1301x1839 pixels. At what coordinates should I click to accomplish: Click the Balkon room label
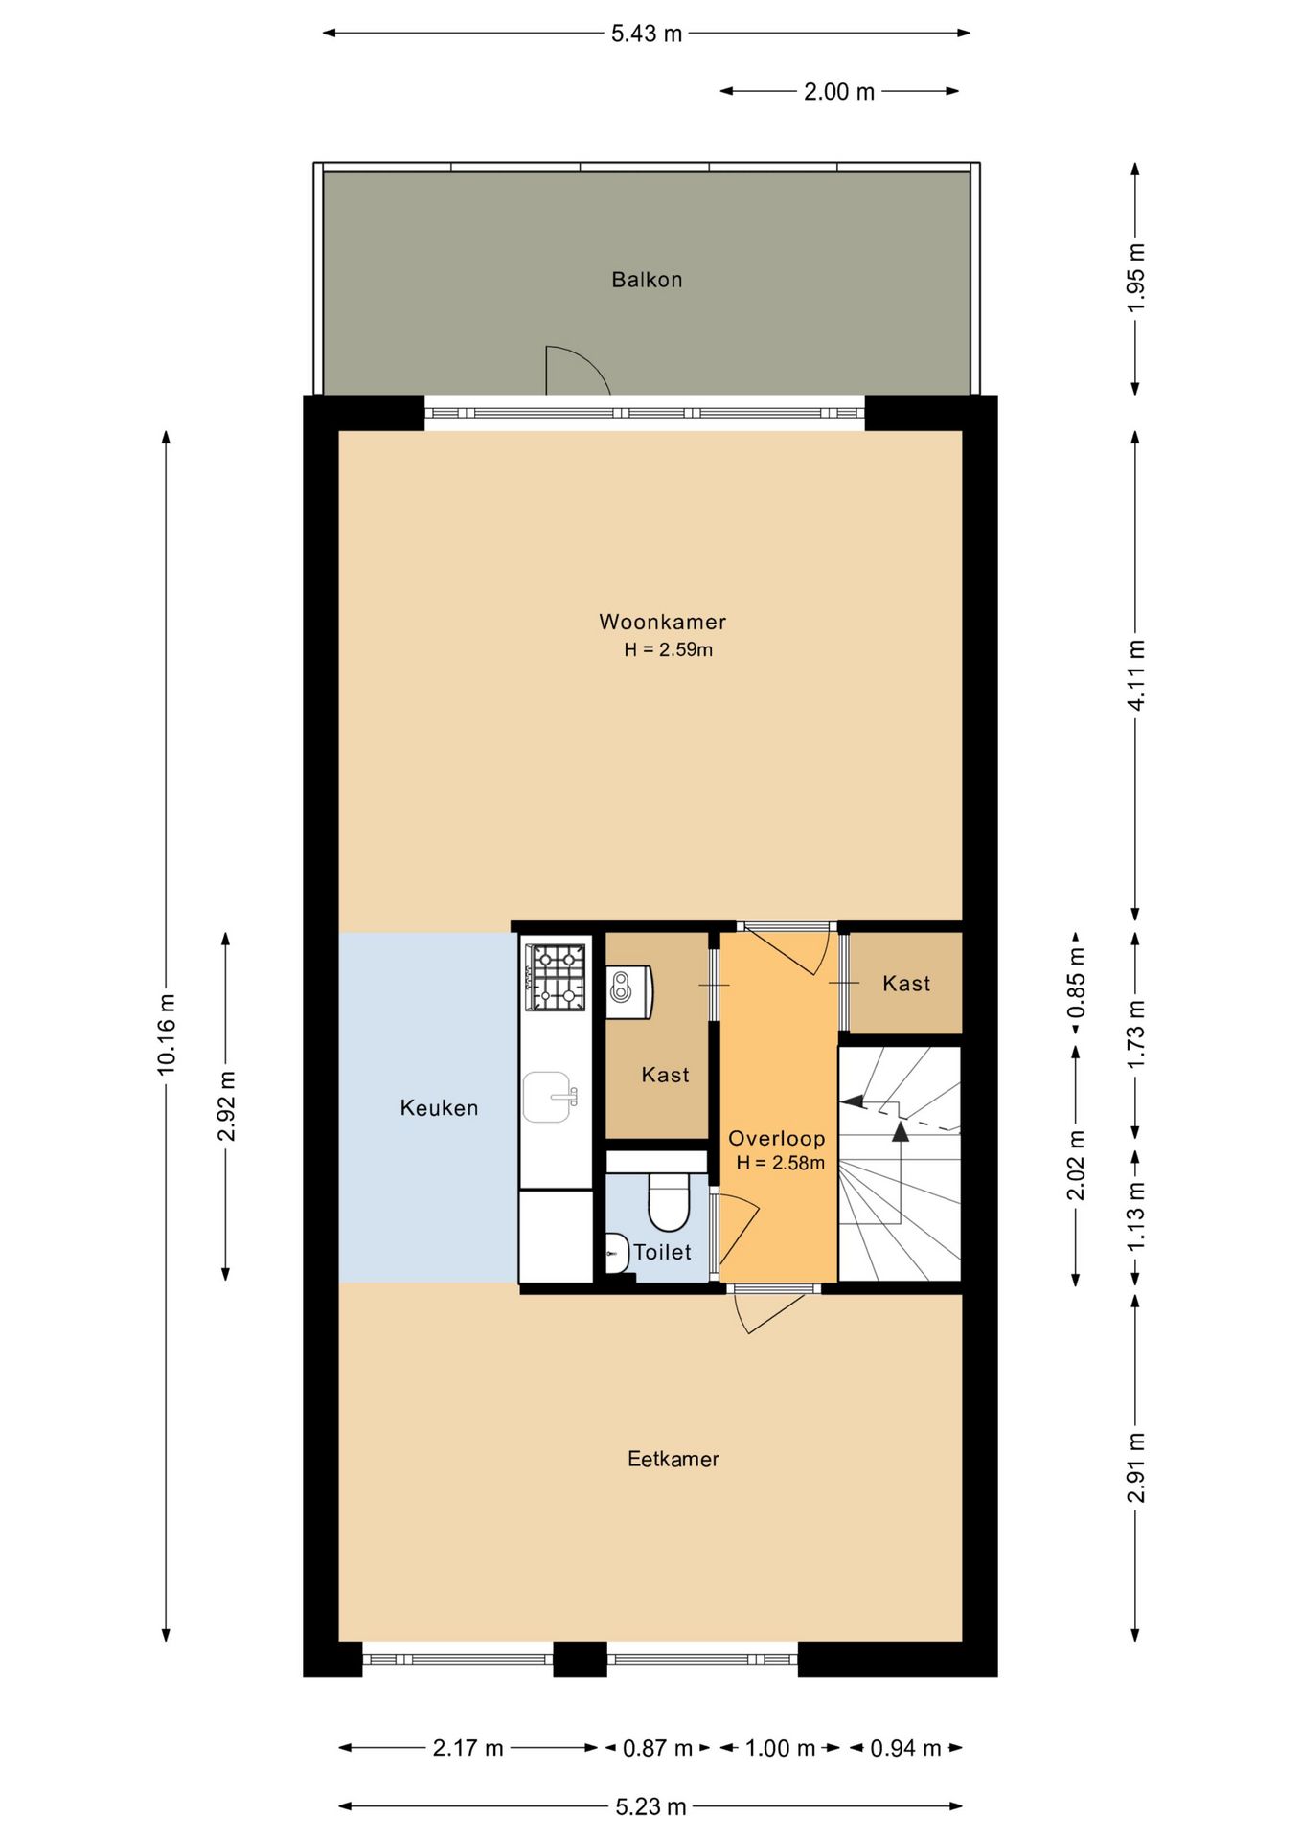click(x=647, y=280)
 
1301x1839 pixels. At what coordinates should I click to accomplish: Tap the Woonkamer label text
click(x=663, y=622)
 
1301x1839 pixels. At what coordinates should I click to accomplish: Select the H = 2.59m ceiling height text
click(x=668, y=649)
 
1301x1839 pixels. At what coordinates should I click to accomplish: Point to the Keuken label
click(x=439, y=1108)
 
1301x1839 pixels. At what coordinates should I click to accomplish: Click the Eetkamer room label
click(x=673, y=1459)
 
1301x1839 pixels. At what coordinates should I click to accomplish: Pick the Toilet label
click(x=662, y=1252)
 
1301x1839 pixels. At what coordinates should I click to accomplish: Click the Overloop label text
click(x=776, y=1138)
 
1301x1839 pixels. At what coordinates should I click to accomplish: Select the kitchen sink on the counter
click(x=550, y=1097)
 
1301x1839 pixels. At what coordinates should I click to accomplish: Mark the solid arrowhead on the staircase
click(x=901, y=1131)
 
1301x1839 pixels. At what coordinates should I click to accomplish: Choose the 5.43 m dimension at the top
click(x=647, y=34)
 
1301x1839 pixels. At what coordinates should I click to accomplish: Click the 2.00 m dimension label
click(x=839, y=92)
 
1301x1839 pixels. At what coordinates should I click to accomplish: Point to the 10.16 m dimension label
click(x=167, y=1033)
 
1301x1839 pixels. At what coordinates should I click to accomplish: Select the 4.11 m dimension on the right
click(x=1135, y=675)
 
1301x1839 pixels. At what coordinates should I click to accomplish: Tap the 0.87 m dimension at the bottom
click(x=657, y=1748)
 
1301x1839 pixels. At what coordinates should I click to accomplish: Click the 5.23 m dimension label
click(x=650, y=1806)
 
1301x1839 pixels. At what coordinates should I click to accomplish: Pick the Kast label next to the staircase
click(x=906, y=984)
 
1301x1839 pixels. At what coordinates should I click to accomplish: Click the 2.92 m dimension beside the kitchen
click(x=226, y=1106)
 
